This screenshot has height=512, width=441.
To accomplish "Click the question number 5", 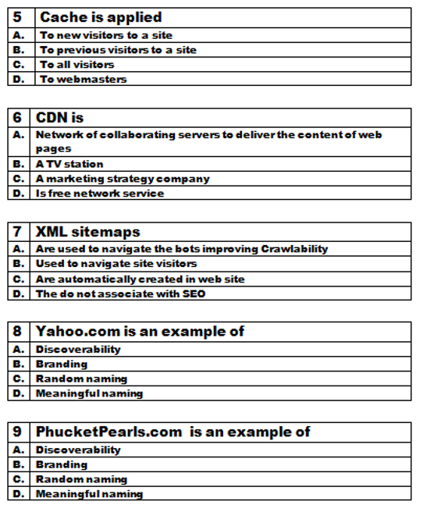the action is (17, 17).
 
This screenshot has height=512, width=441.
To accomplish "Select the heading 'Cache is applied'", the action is (101, 17).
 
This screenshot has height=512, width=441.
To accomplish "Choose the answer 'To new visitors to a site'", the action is (106, 35).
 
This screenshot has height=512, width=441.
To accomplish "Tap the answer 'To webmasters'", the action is (83, 79).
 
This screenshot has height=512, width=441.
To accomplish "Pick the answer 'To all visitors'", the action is (76, 65).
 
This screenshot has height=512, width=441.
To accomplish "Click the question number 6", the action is (17, 118).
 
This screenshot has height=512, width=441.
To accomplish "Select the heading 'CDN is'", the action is (59, 118).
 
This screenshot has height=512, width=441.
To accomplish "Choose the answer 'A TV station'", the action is (69, 164).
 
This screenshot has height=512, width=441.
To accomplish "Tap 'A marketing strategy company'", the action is (123, 179).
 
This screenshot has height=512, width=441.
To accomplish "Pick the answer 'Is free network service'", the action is (100, 193).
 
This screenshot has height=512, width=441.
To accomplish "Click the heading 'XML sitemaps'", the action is (87, 232).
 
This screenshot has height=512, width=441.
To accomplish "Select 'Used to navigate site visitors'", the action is (116, 264).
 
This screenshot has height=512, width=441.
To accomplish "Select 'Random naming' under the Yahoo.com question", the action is (81, 379).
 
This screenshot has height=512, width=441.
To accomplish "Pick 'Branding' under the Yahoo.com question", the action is (62, 364).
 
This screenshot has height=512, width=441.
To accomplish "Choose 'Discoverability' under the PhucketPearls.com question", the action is (78, 450).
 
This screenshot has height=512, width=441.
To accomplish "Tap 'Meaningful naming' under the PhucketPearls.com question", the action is (89, 494).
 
